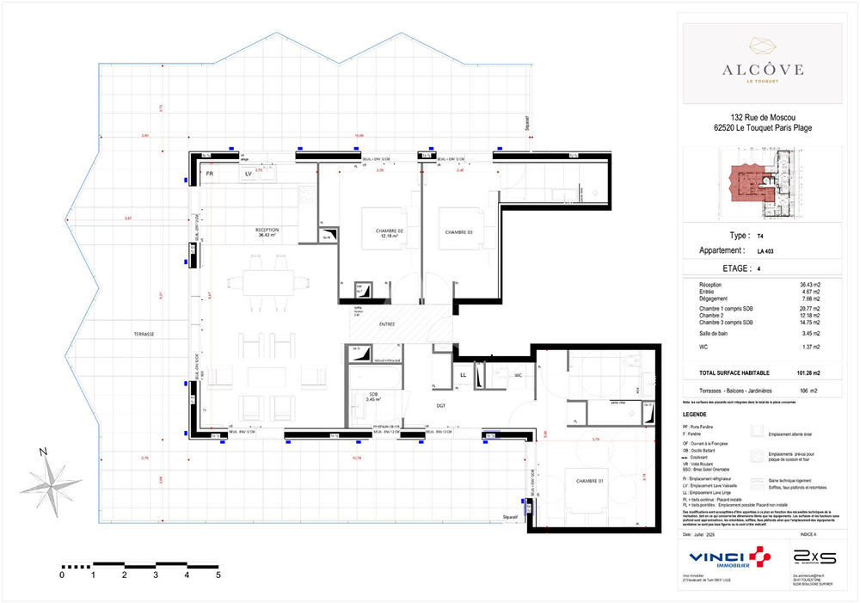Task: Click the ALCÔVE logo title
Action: [764, 69]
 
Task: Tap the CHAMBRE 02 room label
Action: [390, 233]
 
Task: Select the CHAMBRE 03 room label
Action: [459, 233]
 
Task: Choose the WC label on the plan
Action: [519, 375]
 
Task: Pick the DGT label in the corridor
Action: [440, 404]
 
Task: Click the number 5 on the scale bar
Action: [218, 574]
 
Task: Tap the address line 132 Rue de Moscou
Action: [763, 118]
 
